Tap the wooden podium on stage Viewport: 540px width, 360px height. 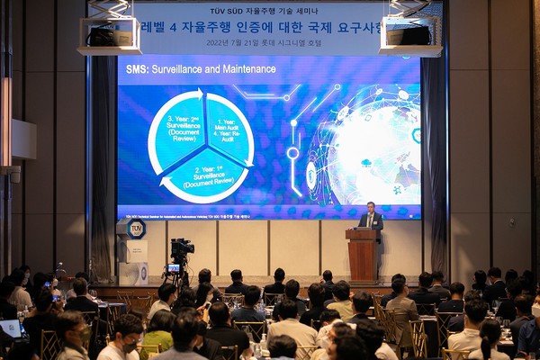coord(363,254)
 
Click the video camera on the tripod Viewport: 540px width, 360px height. coord(183,247)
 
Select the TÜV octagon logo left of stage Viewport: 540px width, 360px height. coord(136,229)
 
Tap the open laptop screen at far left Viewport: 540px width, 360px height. coord(11,328)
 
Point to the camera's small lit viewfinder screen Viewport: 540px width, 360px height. coord(173,268)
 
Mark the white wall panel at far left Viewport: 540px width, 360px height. coord(23,140)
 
